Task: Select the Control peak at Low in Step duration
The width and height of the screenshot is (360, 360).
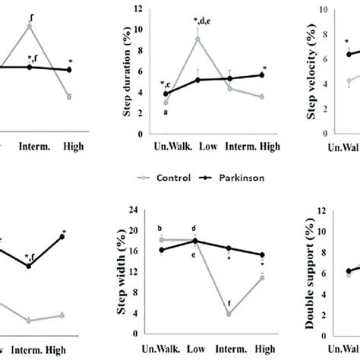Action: [x=197, y=39]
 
